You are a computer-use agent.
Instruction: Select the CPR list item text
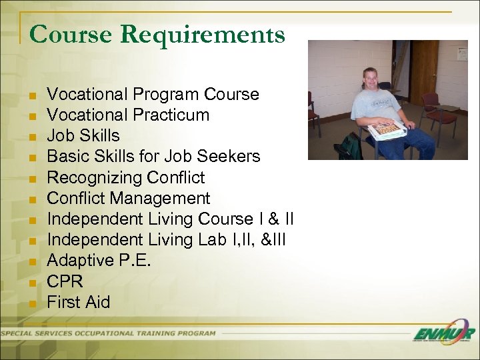(x=65, y=281)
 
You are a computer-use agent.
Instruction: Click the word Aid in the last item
(x=97, y=302)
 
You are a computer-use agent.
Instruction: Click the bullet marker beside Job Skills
(x=31, y=136)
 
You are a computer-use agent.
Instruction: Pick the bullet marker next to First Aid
(x=31, y=303)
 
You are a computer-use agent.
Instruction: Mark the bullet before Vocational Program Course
(x=31, y=95)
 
